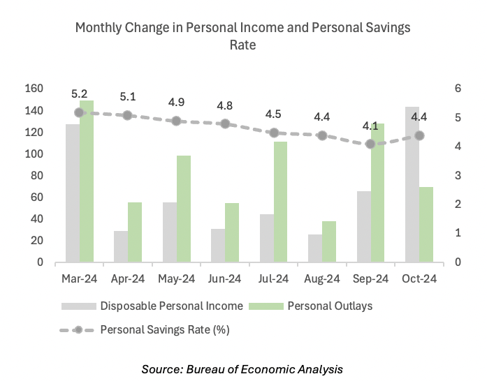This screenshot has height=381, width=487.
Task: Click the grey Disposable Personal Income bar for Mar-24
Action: (x=73, y=193)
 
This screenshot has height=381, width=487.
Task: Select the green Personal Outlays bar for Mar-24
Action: (x=87, y=182)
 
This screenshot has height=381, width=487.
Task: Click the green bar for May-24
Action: (x=184, y=209)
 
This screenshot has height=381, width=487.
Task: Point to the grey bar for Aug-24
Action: (x=315, y=248)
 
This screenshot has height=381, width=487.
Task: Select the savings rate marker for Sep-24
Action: (x=371, y=144)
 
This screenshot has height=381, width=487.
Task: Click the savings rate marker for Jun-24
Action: (x=225, y=124)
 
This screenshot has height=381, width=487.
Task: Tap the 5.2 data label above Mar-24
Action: (x=80, y=94)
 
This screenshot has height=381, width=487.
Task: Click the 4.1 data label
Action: (x=370, y=126)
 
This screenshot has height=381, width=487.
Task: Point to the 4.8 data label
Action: (x=225, y=106)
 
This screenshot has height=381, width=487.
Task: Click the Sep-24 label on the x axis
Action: (x=371, y=279)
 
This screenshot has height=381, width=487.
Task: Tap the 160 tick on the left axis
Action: (x=34, y=89)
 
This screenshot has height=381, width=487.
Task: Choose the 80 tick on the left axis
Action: (x=37, y=176)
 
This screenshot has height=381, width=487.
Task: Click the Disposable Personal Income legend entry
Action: (x=152, y=306)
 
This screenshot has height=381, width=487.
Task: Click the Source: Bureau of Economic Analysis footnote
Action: (x=242, y=368)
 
